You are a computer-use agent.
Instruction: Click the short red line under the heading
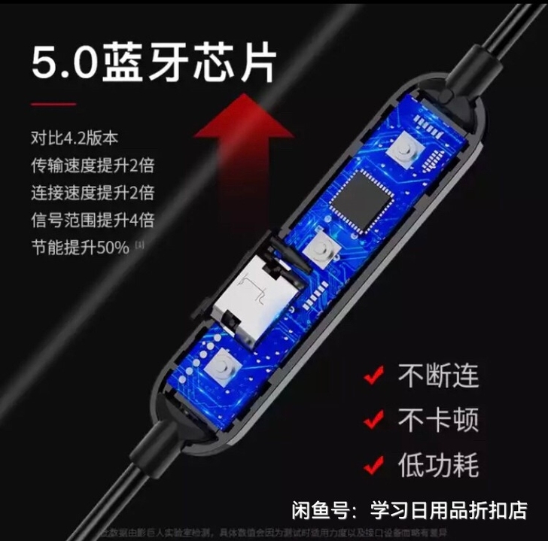pos(53,104)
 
